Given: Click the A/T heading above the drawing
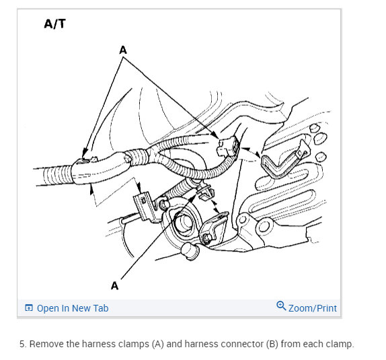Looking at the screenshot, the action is pos(54,24).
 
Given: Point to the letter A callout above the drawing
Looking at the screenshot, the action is pos(123,50).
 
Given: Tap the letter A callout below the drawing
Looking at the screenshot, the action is pos(115,286).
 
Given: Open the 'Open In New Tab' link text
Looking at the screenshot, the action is pos(73,308).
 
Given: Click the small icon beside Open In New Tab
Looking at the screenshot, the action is pos(29,308).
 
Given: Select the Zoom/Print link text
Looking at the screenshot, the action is pos(313,308).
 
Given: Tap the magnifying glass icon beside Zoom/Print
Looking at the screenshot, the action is pos(281,305).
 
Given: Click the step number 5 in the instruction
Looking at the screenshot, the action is pos(23,344).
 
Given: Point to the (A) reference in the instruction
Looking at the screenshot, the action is pos(158,344).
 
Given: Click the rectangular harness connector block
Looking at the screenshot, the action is pos(228,147).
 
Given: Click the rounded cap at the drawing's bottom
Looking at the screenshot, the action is pos(190,252).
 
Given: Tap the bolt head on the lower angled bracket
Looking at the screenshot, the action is pos(207,238).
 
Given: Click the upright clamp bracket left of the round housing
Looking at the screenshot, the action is pos(145,207).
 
